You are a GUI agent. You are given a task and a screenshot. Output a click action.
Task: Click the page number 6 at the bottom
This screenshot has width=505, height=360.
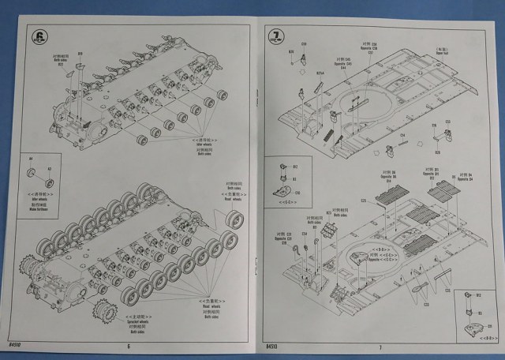[128, 346]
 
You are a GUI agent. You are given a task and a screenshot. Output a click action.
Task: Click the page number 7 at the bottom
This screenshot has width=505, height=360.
[380, 346]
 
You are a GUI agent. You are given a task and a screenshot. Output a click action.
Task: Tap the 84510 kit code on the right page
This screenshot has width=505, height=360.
[272, 345]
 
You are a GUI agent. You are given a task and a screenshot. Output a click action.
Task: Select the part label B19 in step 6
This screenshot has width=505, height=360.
[80, 54]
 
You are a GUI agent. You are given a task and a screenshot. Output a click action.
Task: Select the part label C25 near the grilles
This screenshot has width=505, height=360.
[364, 201]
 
